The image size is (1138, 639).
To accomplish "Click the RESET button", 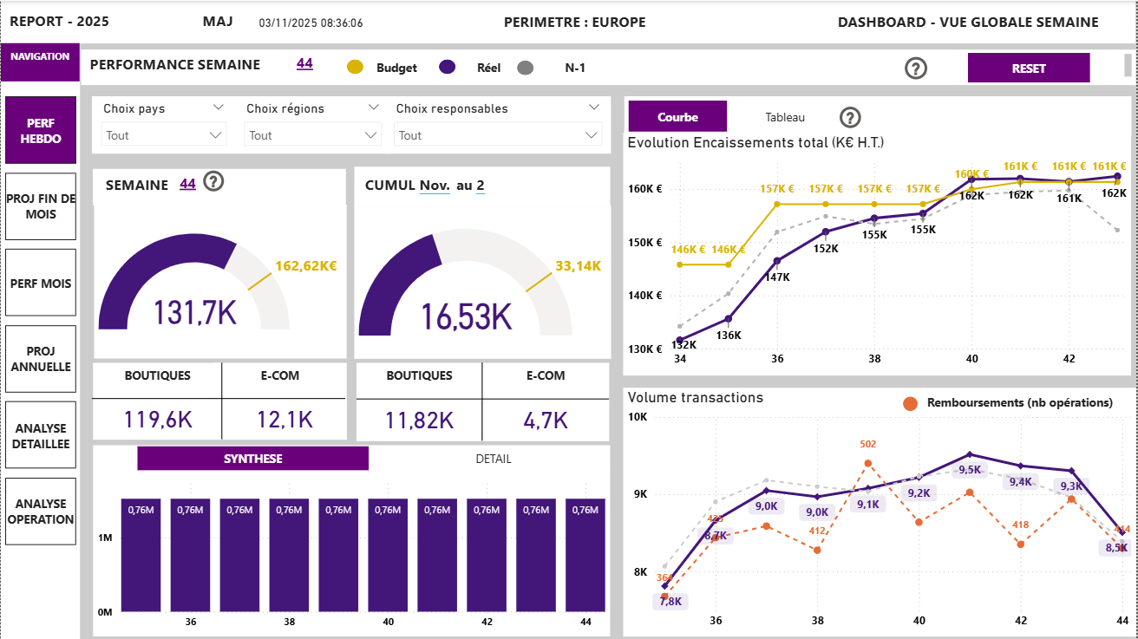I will (1028, 68).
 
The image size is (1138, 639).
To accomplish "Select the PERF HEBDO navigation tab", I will (41, 131).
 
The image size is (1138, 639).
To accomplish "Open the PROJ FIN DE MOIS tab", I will (41, 206).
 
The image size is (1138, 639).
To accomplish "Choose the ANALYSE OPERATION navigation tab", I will (41, 512).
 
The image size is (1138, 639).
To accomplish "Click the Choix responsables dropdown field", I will (497, 135).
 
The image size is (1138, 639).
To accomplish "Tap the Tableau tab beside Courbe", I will (784, 117).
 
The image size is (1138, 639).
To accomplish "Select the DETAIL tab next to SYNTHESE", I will (493, 459).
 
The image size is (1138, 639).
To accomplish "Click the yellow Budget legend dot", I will (355, 68).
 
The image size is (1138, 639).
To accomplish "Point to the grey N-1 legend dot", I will (524, 68).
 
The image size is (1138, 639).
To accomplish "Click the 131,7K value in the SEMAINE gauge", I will (195, 312).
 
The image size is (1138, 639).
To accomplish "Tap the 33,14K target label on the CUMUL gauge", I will (578, 266).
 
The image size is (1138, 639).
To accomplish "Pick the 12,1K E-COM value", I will (284, 421).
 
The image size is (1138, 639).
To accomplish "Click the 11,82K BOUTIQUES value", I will (419, 421).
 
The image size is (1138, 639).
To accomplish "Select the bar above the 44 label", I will (585, 555).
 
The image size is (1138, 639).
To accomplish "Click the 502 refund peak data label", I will (868, 445).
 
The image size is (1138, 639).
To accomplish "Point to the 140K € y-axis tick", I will (646, 296).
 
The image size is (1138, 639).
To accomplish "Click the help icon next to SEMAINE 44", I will (213, 183).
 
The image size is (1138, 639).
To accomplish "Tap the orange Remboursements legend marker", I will (910, 403).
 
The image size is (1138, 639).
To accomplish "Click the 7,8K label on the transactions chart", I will (670, 602).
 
